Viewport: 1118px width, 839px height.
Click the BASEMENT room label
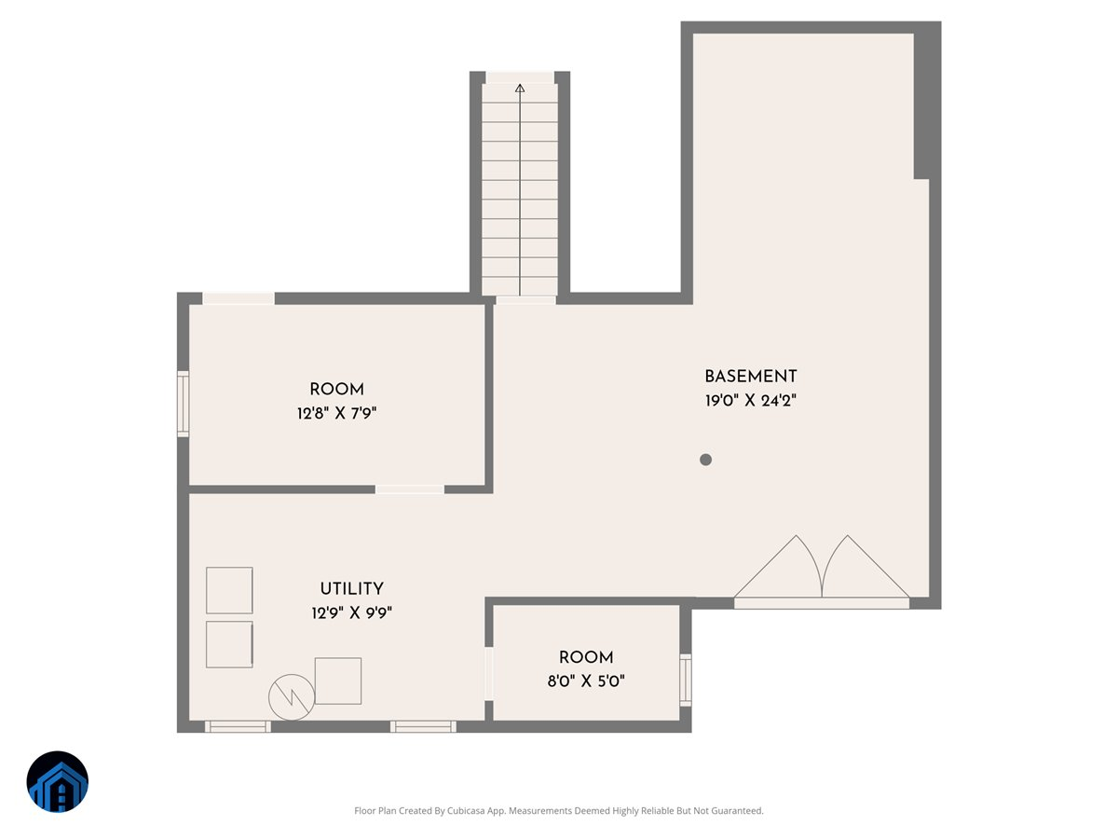point(750,377)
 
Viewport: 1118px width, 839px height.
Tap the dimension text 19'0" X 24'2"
point(750,401)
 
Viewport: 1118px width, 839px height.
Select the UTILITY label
point(351,589)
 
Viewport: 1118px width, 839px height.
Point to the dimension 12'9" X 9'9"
point(351,613)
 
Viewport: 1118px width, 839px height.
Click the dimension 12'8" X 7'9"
point(336,413)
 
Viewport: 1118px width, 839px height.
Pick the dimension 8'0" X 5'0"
point(586,681)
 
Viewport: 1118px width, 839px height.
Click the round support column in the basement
point(705,459)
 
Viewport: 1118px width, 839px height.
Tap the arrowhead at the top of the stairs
point(520,89)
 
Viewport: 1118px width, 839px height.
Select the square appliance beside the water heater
point(337,681)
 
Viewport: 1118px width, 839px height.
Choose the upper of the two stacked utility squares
point(229,590)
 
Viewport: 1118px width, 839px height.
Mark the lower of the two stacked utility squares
point(229,644)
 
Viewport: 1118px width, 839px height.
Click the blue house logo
point(58,781)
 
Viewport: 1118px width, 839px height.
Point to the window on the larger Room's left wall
point(184,404)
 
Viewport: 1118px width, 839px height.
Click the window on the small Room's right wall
point(686,679)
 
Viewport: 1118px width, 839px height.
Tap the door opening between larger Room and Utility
point(410,488)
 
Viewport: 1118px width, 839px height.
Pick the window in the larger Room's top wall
point(239,298)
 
